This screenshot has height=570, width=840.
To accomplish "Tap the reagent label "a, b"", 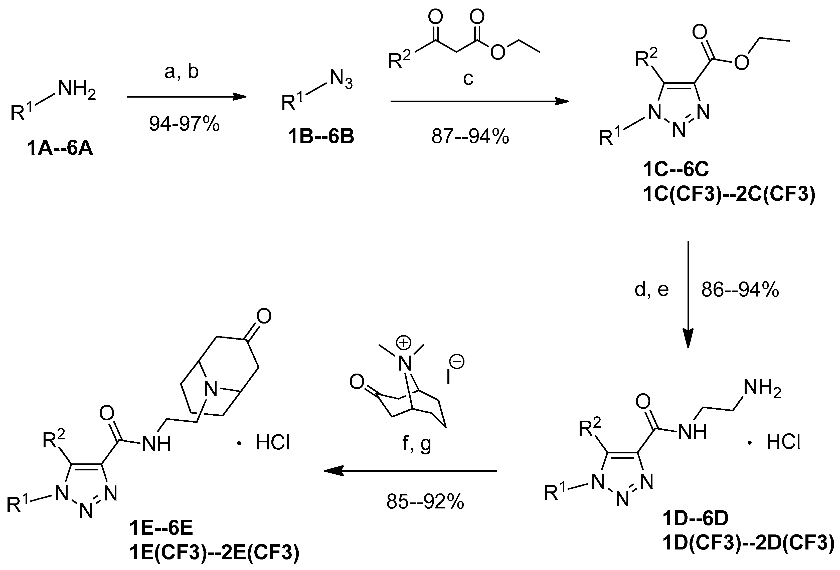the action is [182, 72].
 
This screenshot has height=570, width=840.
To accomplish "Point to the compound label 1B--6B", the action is [321, 137].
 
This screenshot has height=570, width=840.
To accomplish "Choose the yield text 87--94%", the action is [470, 137].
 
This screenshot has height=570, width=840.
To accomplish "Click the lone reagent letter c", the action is [468, 78].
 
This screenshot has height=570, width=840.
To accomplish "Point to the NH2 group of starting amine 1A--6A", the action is [77, 89].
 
